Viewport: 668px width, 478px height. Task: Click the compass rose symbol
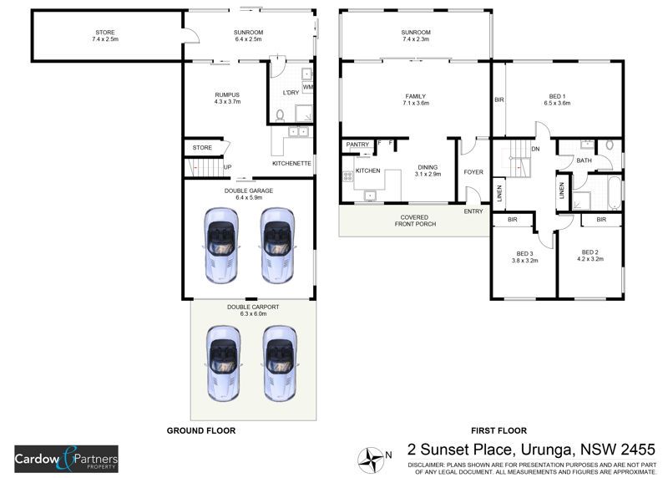[x=371, y=460]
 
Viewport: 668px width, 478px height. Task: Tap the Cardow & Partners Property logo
[x=67, y=459]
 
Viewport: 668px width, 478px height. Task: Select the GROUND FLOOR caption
[x=201, y=430]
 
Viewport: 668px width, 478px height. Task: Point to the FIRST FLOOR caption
[x=498, y=430]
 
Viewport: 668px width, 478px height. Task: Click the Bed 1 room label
[x=557, y=99]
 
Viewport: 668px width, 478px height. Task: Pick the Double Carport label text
[x=253, y=310]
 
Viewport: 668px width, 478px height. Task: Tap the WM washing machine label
[x=307, y=87]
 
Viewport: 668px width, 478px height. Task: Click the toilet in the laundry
[x=280, y=115]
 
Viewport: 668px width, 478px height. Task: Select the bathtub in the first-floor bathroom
[x=615, y=192]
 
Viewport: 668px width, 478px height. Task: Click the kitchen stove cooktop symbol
[x=347, y=175]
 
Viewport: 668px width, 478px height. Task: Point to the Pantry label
[x=357, y=145]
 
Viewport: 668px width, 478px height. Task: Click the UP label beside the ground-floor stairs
[x=227, y=167]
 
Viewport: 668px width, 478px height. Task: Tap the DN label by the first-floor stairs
[x=535, y=149]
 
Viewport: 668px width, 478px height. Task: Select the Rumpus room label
[x=227, y=98]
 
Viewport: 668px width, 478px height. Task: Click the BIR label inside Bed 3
[x=513, y=220]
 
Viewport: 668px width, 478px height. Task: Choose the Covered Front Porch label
[x=415, y=221]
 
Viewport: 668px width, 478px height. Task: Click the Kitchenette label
[x=291, y=163]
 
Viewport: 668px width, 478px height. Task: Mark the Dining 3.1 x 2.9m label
[x=428, y=170]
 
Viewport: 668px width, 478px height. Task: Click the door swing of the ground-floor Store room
[x=225, y=147]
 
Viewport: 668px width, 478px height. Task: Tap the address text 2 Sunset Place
[x=459, y=450]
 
